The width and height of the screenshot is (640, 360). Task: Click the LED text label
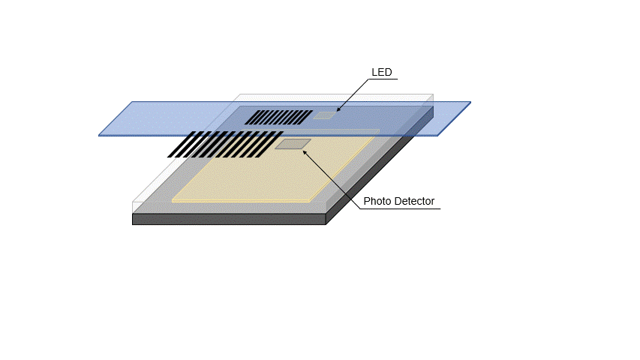point(382,73)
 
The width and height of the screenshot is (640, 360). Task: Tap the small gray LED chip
point(324,115)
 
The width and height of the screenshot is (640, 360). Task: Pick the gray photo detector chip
point(293,143)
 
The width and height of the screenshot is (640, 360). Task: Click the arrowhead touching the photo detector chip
point(305,151)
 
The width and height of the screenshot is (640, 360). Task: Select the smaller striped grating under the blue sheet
point(279,117)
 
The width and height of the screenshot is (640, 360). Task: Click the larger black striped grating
point(225,144)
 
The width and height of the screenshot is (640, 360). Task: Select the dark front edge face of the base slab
point(229,219)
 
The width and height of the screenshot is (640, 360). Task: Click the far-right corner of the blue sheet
point(470,103)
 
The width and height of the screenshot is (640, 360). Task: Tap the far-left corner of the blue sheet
point(100,135)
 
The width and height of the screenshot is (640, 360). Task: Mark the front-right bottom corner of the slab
point(326,223)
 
